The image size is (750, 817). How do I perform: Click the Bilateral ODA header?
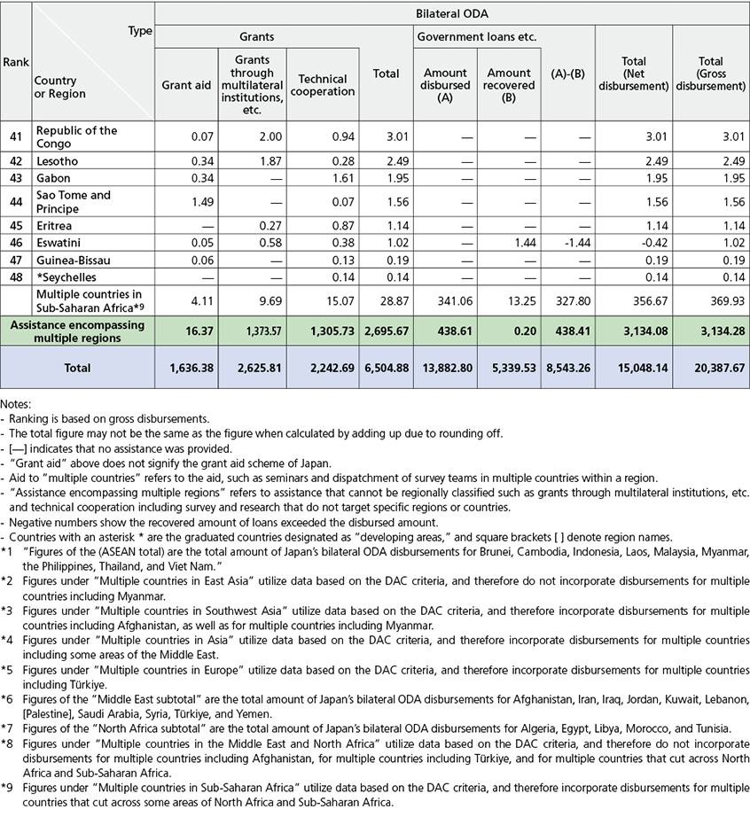point(452,14)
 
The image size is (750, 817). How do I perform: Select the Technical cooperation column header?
point(323,85)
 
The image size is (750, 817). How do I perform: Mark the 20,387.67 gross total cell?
point(716,367)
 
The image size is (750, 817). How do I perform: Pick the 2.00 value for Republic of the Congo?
point(264,136)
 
